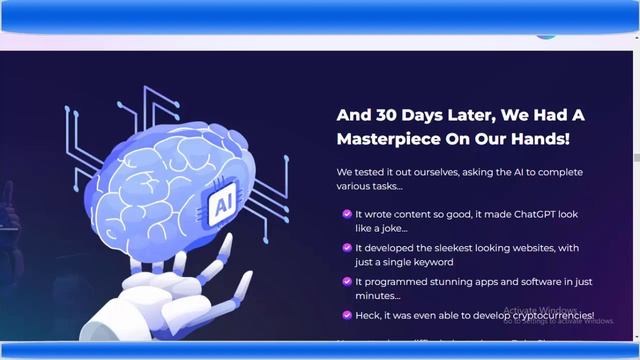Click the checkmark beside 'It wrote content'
[x=346, y=214]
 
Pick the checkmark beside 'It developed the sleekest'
[x=346, y=248]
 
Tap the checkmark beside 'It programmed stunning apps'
[x=346, y=282]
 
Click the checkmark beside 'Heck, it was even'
[x=346, y=316]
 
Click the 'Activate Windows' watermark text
[x=540, y=311]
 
